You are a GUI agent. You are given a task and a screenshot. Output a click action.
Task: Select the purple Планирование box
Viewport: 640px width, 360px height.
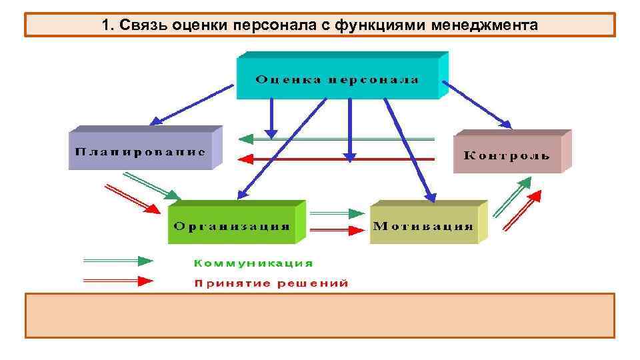(x=140, y=150)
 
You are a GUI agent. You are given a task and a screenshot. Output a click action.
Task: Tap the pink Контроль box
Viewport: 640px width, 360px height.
(x=507, y=155)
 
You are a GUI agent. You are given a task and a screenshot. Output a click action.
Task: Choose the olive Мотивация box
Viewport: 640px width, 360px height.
(x=423, y=225)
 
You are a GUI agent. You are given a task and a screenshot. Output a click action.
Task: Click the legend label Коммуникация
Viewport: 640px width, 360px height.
(x=253, y=263)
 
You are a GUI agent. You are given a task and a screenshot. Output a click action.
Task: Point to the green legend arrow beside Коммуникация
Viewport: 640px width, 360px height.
(x=117, y=261)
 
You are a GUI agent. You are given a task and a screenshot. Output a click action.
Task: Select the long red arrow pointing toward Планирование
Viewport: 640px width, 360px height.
(x=337, y=159)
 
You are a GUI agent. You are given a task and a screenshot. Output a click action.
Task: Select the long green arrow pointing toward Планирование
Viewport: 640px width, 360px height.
(x=337, y=139)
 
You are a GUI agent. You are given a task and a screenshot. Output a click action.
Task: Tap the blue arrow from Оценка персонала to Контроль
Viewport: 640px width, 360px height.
(x=477, y=104)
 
